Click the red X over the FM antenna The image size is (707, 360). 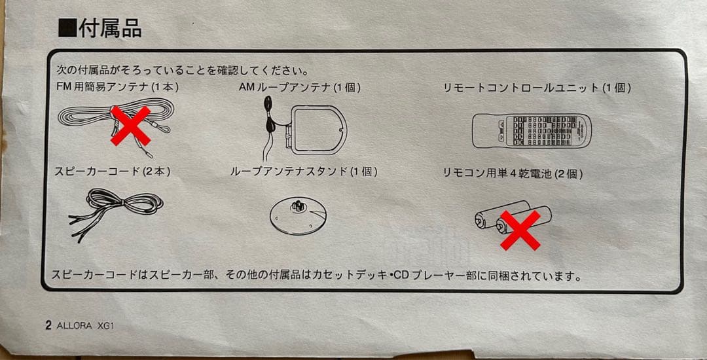130,125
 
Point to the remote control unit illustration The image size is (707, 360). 531,130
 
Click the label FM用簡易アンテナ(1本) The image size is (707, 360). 118,87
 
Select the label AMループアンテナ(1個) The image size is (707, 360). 300,87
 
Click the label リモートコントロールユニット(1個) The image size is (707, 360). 537,88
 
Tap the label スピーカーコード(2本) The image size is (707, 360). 113,172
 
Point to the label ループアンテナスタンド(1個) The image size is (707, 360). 304,172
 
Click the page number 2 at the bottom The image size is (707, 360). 48,325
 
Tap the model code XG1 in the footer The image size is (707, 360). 106,326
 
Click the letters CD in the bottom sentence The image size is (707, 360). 400,276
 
